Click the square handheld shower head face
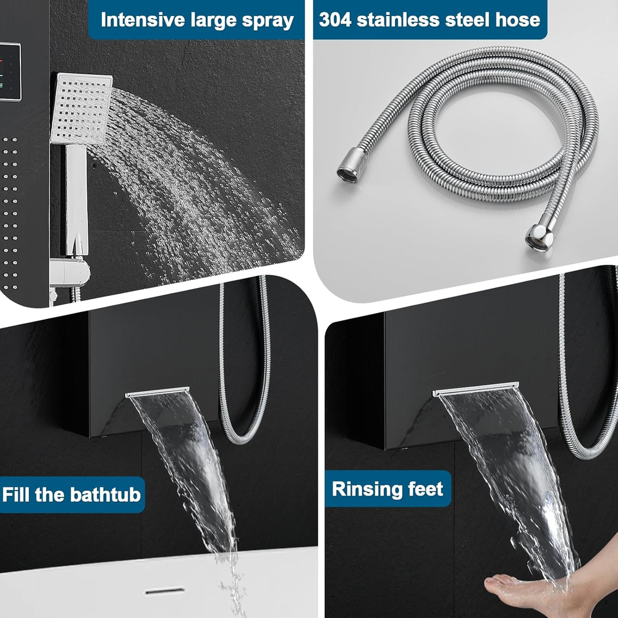[x=82, y=108]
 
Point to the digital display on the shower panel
[x=10, y=71]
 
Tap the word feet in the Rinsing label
[x=423, y=489]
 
